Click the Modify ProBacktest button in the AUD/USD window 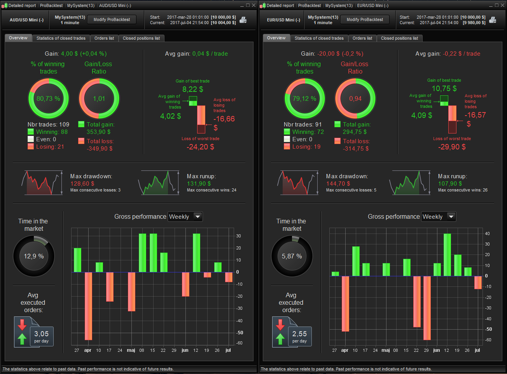pyautogui.click(x=112, y=19)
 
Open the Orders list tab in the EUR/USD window pyautogui.click(x=362, y=38)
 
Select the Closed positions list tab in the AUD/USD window pyautogui.click(x=141, y=38)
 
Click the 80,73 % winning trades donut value pyautogui.click(x=48, y=99)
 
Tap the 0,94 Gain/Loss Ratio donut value pyautogui.click(x=355, y=99)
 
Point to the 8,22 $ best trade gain pyautogui.click(x=192, y=90)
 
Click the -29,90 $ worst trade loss pyautogui.click(x=452, y=147)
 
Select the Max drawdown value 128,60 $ pyautogui.click(x=82, y=184)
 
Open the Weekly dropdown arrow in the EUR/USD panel pyautogui.click(x=451, y=217)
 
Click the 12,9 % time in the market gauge pyautogui.click(x=34, y=256)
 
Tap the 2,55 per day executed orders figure pyautogui.click(x=299, y=334)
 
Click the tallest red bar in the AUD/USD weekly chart pyautogui.click(x=88, y=306)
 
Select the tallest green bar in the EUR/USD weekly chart pyautogui.click(x=447, y=255)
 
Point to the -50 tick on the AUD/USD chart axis pyautogui.click(x=240, y=333)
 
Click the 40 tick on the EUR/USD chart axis pyautogui.click(x=487, y=234)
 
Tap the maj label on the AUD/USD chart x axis pyautogui.click(x=131, y=350)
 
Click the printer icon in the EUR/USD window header pyautogui.click(x=492, y=20)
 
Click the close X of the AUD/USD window pyautogui.click(x=253, y=5)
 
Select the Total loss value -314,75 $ pyautogui.click(x=356, y=149)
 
